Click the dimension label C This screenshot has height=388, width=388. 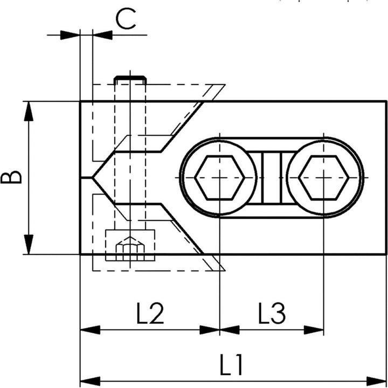(x=126, y=19)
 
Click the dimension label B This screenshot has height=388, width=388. (x=11, y=177)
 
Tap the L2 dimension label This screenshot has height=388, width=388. (x=150, y=313)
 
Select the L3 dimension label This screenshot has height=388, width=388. (x=272, y=313)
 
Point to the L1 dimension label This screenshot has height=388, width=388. (x=231, y=364)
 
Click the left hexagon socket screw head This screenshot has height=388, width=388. (x=219, y=178)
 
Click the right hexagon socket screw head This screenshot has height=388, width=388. (x=324, y=178)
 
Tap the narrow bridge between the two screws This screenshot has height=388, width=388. (x=272, y=178)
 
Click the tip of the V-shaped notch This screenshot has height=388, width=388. (x=92, y=177)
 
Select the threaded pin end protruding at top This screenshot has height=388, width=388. (x=130, y=80)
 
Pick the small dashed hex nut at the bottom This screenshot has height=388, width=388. (x=130, y=248)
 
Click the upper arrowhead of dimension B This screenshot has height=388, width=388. (x=29, y=112)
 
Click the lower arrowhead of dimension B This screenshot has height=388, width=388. (x=29, y=244)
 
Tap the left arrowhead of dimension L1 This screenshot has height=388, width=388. (x=91, y=381)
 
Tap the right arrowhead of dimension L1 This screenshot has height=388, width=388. (x=376, y=381)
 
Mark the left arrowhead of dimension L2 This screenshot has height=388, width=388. (x=91, y=330)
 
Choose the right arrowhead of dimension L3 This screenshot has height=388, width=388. (x=314, y=330)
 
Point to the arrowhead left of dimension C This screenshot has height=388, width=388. (x=70, y=35)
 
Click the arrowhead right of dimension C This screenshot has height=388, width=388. (x=102, y=35)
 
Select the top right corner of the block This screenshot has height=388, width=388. (x=386, y=101)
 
